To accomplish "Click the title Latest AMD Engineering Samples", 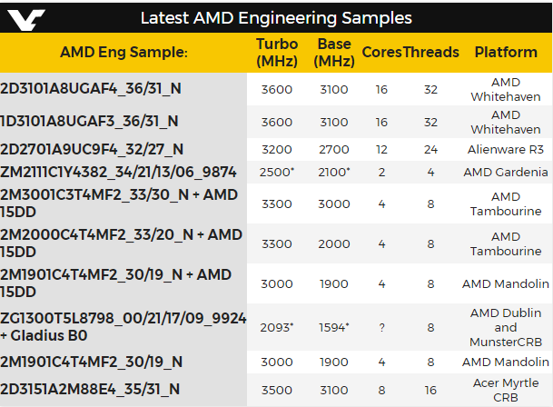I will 276,18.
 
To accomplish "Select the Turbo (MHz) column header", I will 277,53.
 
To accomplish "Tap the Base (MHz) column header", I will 334,53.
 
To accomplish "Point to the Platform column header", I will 506,53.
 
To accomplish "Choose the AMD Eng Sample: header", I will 123,53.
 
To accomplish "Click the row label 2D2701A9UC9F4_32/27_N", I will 92,149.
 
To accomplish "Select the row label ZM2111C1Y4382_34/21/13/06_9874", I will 119,172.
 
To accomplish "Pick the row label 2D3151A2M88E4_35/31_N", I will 90,389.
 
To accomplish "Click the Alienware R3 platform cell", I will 506,149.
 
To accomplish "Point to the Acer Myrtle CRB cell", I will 506,390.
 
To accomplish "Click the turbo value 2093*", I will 278,327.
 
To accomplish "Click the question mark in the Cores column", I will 381,327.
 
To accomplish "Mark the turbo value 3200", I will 277,149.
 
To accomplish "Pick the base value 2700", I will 334,149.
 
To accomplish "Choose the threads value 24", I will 431,149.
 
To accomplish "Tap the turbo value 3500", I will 277,390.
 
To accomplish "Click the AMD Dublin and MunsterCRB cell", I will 506,327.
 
